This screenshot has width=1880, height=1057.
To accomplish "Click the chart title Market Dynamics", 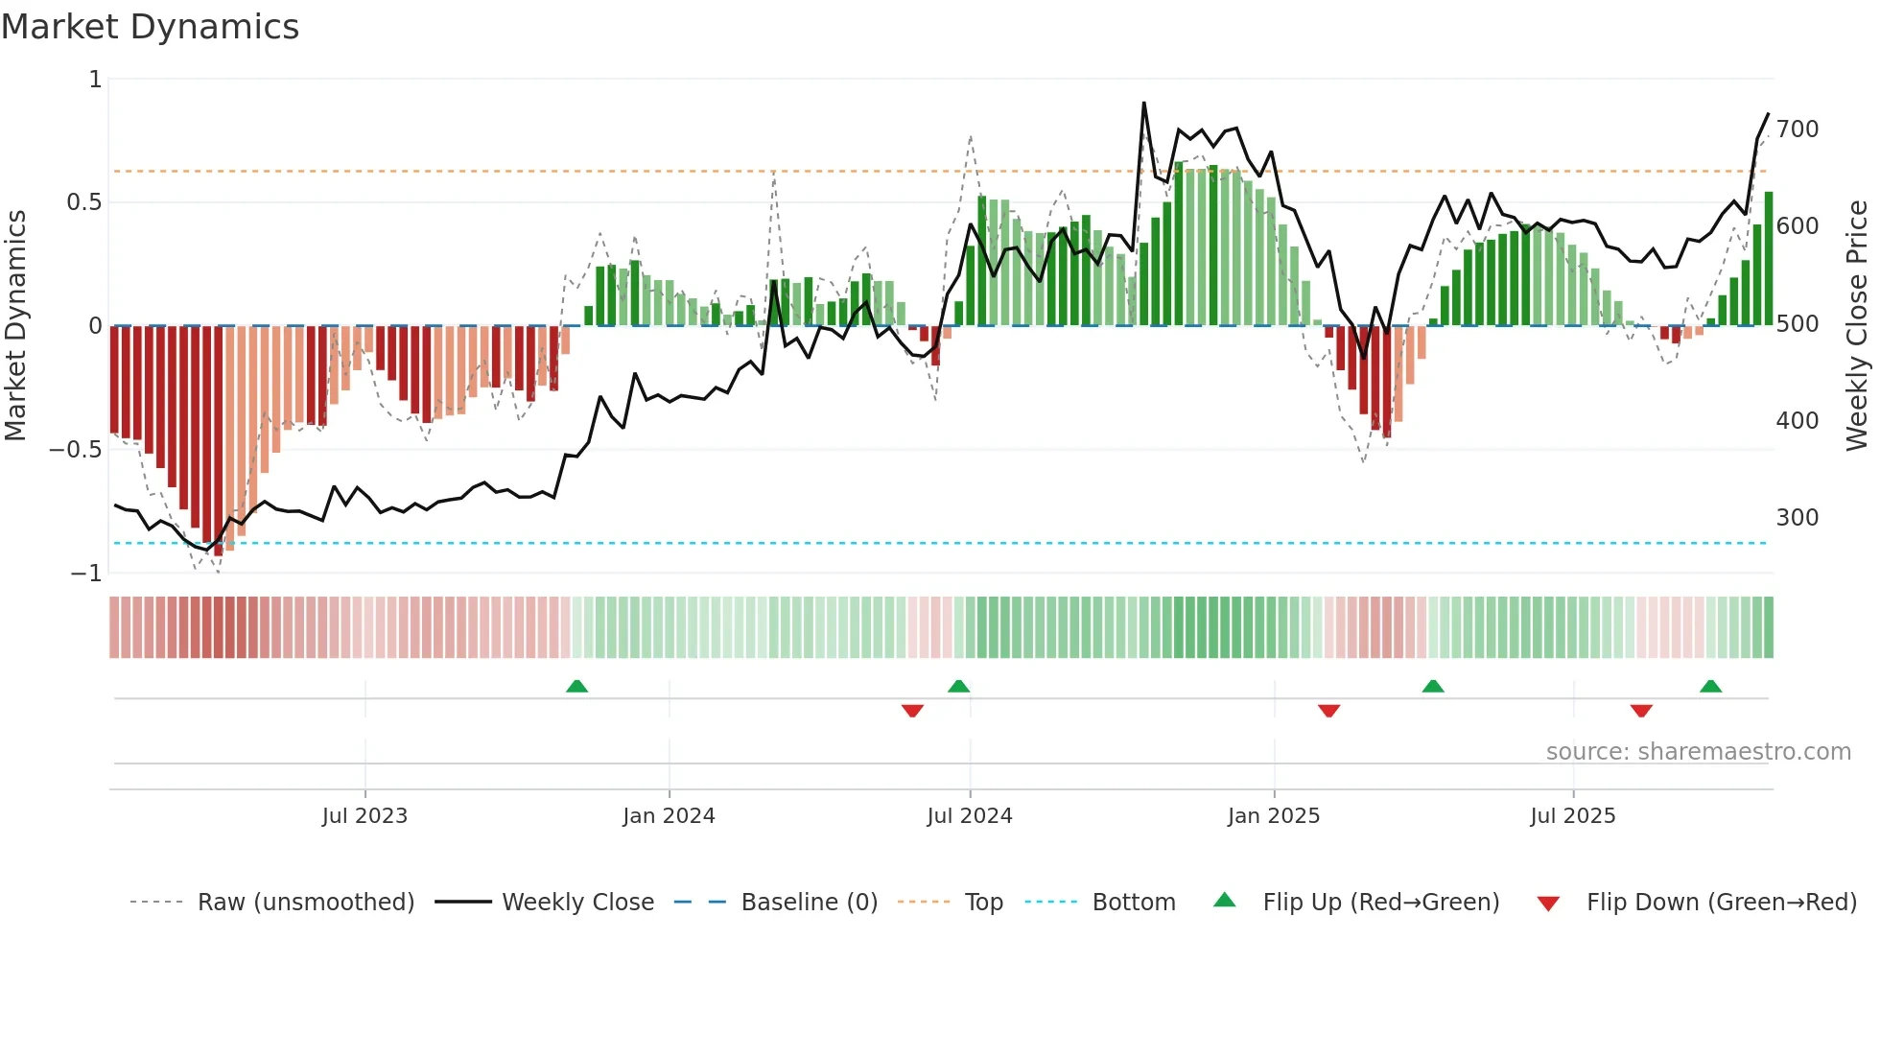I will pyautogui.click(x=150, y=27).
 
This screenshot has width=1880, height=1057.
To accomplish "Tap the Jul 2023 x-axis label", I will pyautogui.click(x=364, y=816).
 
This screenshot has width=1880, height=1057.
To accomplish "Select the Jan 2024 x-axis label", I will pyautogui.click(x=669, y=816).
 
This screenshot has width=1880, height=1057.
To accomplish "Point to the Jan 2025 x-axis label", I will pyautogui.click(x=1274, y=816).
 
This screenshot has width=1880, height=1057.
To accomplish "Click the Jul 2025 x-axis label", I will pyautogui.click(x=1573, y=816).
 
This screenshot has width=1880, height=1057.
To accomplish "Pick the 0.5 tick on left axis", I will pyautogui.click(x=83, y=202).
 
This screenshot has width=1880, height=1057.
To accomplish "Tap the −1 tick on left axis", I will pyautogui.click(x=86, y=574).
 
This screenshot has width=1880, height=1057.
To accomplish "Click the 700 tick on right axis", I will pyautogui.click(x=1798, y=129).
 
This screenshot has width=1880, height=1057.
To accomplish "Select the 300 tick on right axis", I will pyautogui.click(x=1798, y=518).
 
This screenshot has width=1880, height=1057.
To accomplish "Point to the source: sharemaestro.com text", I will pyautogui.click(x=1698, y=752).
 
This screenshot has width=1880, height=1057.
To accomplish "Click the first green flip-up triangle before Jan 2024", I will pyautogui.click(x=576, y=687).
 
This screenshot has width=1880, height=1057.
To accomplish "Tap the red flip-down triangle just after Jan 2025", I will pyautogui.click(x=1328, y=711).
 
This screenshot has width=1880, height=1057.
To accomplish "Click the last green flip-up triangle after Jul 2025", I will pyautogui.click(x=1710, y=687).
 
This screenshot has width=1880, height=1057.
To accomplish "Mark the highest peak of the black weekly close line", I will pyautogui.click(x=1143, y=104).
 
